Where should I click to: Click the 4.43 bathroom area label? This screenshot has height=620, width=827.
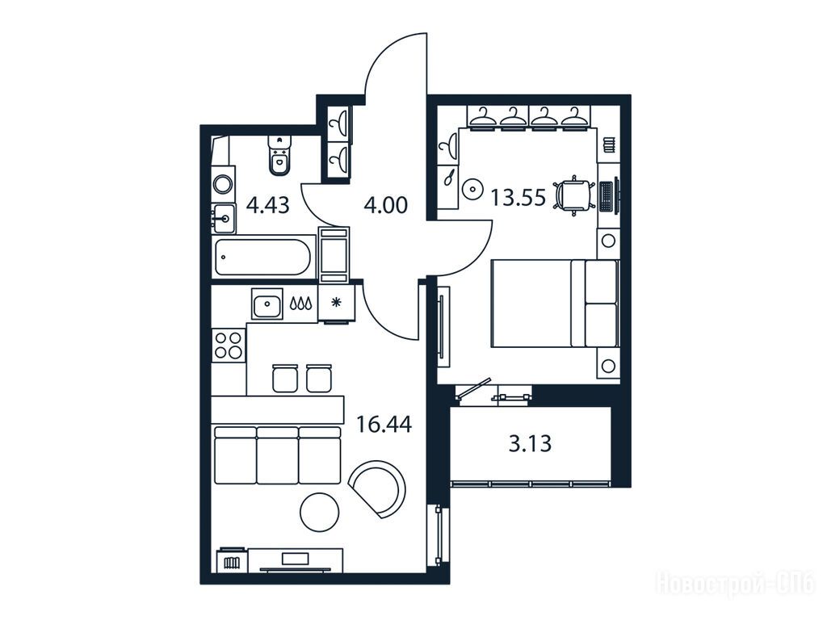coord(268,204)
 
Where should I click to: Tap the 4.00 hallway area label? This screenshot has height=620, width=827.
coord(385,204)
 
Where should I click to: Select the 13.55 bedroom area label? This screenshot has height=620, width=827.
coord(518,198)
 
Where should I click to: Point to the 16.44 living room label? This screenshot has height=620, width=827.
coord(384,423)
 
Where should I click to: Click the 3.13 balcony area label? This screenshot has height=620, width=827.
coord(530,443)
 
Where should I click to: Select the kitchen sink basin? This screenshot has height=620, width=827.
coord(267,304)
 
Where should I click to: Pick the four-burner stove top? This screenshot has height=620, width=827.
coord(229,345)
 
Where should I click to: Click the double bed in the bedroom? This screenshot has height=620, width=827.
coord(554,304)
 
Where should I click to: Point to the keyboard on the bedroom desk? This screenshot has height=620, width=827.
coord(606,196)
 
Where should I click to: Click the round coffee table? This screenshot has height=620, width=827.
coord(319,511)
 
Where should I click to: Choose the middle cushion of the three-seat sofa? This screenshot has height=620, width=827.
coord(278,455)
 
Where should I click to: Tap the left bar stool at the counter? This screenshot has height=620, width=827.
coord(285,378)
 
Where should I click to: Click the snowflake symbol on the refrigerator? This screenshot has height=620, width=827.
coord(336,303)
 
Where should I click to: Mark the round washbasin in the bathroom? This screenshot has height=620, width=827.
coord(223,185)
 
